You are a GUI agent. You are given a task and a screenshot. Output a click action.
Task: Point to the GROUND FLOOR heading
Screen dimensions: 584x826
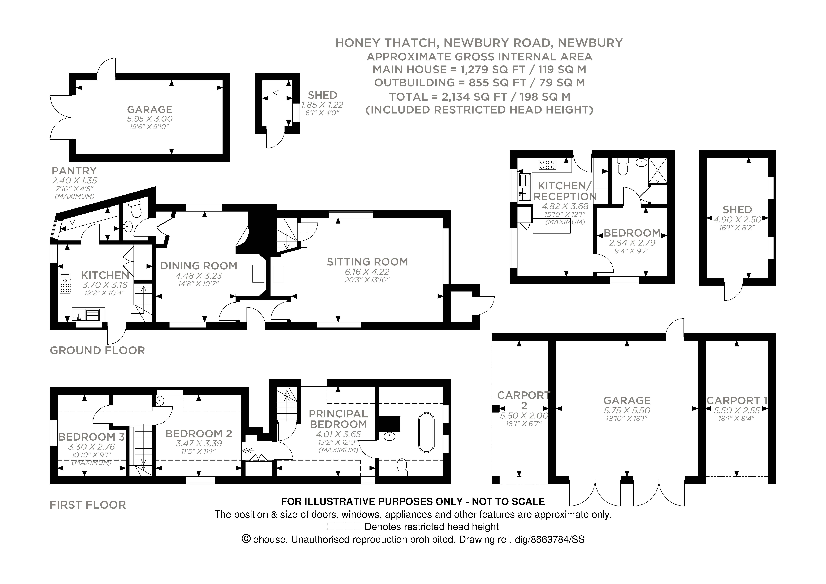[x=97, y=350]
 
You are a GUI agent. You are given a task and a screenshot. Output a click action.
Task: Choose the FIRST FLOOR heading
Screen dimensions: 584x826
[x=88, y=505]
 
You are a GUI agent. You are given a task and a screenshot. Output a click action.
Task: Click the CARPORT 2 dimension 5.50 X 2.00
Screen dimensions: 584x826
[x=524, y=416]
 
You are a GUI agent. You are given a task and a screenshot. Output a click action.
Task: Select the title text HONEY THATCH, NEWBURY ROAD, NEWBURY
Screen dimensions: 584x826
[x=479, y=43]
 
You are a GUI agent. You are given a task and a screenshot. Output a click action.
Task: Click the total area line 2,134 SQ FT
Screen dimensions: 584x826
[x=480, y=97]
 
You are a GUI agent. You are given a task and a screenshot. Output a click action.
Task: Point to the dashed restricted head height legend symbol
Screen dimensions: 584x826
[x=344, y=527]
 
